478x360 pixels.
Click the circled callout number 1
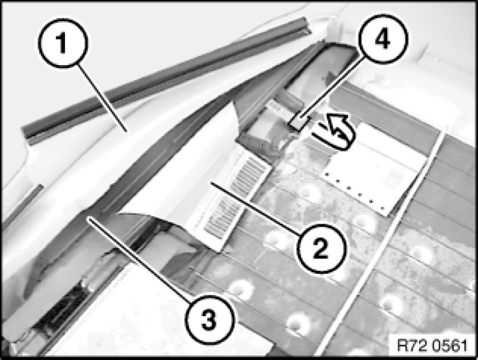pos(62,43)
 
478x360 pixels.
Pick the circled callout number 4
pos(382,39)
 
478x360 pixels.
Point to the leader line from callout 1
pos(103,99)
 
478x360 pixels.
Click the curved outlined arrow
pos(334,132)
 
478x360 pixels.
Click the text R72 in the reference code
pos(411,346)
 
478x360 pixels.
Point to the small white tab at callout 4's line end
pos(299,123)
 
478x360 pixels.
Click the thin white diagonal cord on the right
pos(378,244)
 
